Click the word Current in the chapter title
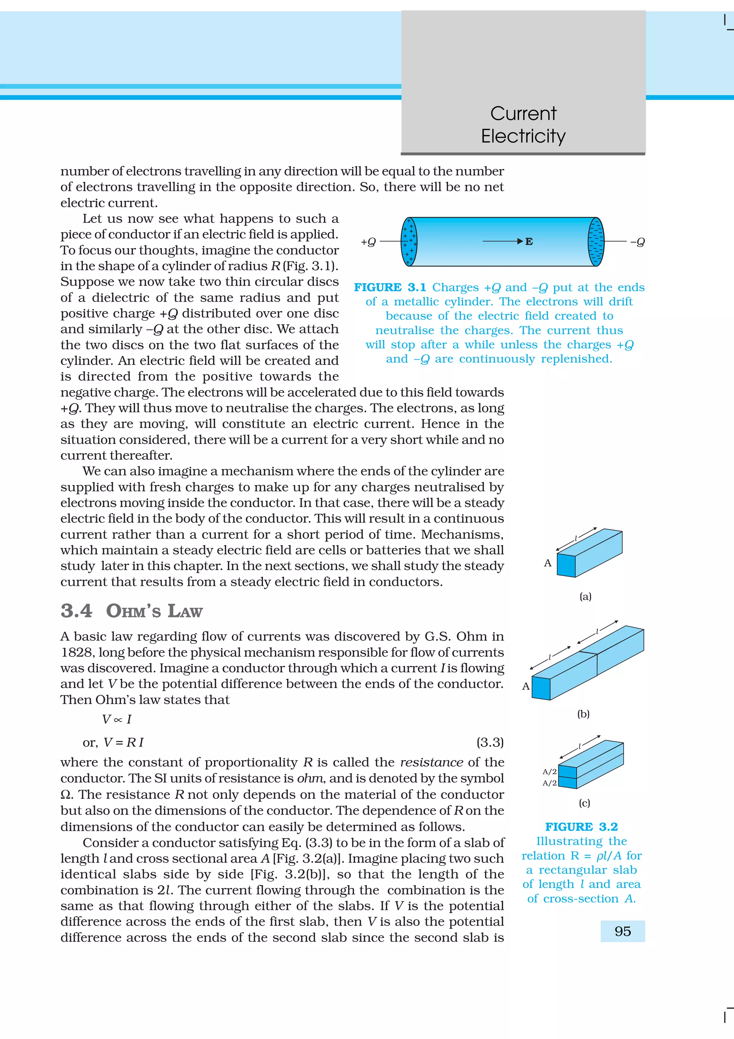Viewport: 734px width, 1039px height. pyautogui.click(x=523, y=114)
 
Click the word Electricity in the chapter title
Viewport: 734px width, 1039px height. pyautogui.click(x=523, y=136)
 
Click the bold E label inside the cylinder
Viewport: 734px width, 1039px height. pyautogui.click(x=529, y=242)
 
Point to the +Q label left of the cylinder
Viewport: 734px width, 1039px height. pyautogui.click(x=368, y=242)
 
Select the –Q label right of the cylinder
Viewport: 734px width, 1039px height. pyautogui.click(x=637, y=242)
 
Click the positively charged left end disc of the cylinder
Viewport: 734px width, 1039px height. pyautogui.click(x=409, y=242)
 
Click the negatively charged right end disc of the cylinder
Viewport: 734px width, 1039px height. pyautogui.click(x=596, y=242)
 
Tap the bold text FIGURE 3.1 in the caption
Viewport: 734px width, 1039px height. pyautogui.click(x=390, y=287)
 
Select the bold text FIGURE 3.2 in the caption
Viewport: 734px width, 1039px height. pyautogui.click(x=581, y=827)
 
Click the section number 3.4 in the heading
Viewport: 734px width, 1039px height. pyautogui.click(x=76, y=611)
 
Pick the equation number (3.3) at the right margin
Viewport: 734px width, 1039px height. pyautogui.click(x=490, y=742)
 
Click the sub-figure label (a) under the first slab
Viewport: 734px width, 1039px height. pyautogui.click(x=585, y=597)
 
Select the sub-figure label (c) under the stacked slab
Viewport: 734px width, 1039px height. pyautogui.click(x=584, y=803)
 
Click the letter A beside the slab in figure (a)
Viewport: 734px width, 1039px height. pyautogui.click(x=548, y=563)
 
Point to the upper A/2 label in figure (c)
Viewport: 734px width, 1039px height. pyautogui.click(x=549, y=772)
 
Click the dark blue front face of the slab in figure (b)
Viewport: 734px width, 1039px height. pyautogui.click(x=541, y=688)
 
